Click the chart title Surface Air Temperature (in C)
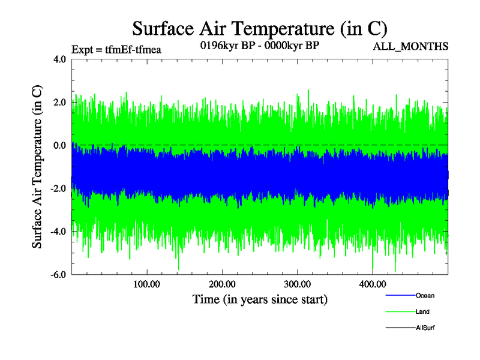[260, 28]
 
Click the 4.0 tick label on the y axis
[59, 59]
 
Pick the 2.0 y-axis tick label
[59, 103]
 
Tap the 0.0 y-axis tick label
[59, 146]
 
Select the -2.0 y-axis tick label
[58, 189]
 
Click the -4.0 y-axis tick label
[58, 232]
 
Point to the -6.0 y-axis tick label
[58, 275]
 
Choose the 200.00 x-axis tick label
[221, 284]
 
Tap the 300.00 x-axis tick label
[297, 284]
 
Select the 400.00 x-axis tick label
[372, 284]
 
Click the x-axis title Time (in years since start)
[260, 299]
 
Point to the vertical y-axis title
[37, 167]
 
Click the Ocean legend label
[425, 296]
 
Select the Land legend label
[422, 312]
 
